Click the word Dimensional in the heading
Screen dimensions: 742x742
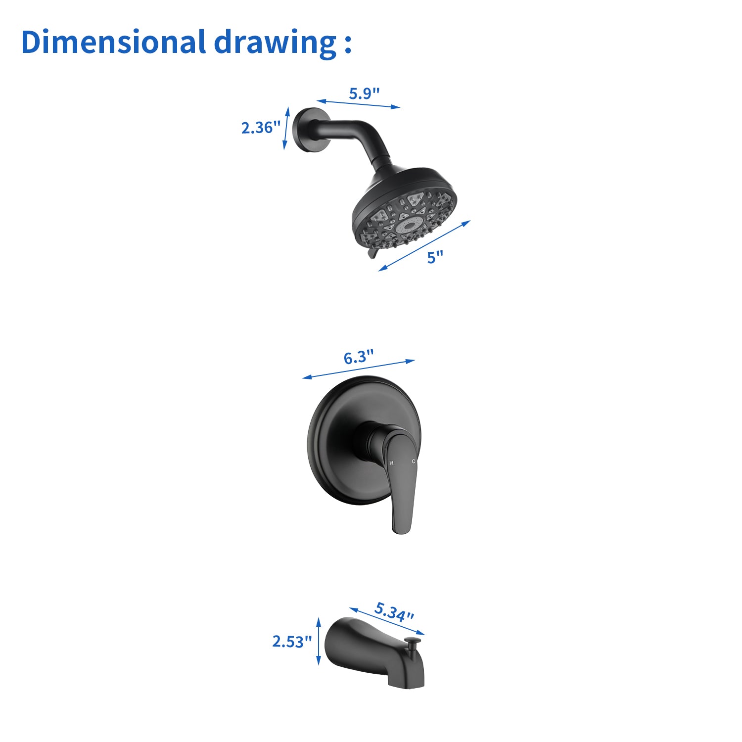pos(113,42)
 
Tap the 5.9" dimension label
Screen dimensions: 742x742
pos(364,93)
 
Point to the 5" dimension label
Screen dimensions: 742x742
pos(435,257)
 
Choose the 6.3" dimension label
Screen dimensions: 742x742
pos(359,357)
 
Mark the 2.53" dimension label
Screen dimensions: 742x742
pos(292,641)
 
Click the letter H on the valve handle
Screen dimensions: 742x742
pos(391,463)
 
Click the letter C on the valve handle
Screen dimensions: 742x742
pos(414,461)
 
